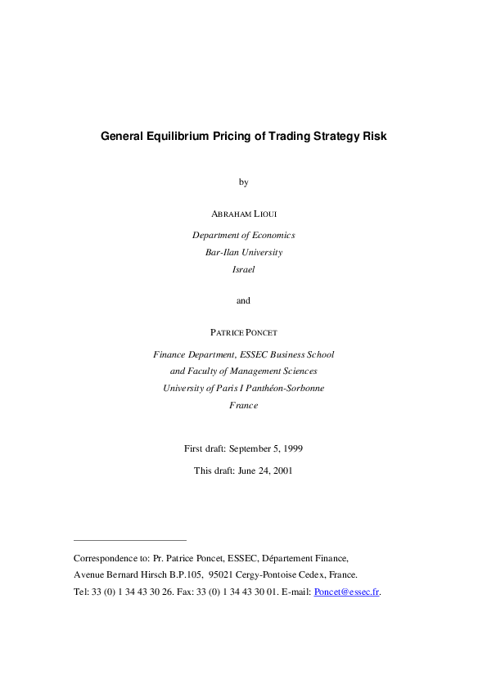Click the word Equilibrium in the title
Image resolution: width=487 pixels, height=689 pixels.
coord(178,137)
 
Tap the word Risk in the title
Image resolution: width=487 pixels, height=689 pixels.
coord(373,137)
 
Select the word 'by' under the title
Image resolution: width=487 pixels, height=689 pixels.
coord(243,182)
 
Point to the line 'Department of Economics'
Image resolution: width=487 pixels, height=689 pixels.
coord(243,235)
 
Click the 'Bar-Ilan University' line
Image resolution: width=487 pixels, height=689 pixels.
coord(243,252)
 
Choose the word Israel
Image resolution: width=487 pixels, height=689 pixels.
coord(243,269)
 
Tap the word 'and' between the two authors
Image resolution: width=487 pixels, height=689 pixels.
coord(243,300)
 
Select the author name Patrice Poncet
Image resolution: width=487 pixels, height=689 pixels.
coord(243,332)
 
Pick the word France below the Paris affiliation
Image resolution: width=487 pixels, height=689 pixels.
coord(243,405)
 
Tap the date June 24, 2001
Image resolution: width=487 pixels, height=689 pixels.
coord(264,471)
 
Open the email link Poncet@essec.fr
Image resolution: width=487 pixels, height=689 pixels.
coord(347,592)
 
